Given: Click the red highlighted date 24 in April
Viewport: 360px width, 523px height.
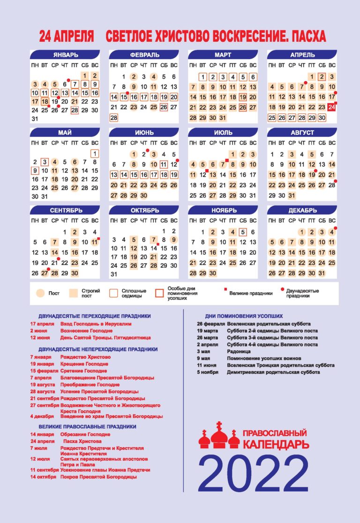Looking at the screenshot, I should coord(332,107).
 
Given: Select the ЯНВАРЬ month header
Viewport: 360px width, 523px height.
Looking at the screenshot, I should coord(65,55).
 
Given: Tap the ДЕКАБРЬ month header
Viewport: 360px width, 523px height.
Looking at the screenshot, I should coord(302,210).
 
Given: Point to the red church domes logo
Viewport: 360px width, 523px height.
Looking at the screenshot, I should coord(219,436).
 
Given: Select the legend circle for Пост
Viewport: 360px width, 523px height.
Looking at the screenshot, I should coord(40,293).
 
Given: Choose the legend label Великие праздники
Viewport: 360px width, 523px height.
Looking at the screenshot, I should coord(251,293).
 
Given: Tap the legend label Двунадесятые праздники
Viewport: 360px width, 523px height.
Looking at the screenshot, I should coord(303,293).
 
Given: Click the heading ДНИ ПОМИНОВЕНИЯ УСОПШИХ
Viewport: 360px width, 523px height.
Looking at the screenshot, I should coord(244,316).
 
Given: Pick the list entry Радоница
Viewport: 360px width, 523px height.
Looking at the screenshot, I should coord(238,351).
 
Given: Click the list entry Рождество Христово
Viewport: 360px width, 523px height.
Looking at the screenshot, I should coord(85,357).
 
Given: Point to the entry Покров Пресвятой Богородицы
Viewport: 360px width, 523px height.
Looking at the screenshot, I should coord(98,477).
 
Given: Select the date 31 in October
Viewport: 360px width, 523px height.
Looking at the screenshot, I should coord(114,274).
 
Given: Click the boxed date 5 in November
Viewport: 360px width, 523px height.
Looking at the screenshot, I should coord(242,232).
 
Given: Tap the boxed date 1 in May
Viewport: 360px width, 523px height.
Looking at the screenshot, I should coord(95,153).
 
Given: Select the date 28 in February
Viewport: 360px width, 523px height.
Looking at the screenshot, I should coord(114,118).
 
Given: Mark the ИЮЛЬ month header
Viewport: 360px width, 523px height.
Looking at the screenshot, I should coord(223,133).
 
